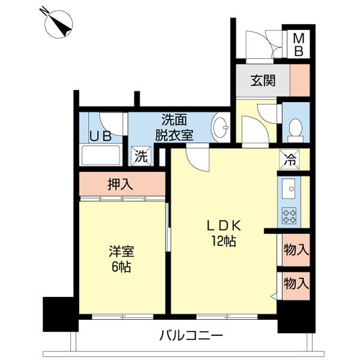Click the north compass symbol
point(58,23)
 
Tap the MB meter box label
point(298,45)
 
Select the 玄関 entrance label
point(263,80)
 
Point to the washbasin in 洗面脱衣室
point(221,127)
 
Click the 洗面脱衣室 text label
point(174,127)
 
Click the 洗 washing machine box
point(140,157)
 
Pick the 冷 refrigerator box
point(290,160)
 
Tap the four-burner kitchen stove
point(289,215)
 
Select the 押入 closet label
point(121,184)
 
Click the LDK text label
point(224,226)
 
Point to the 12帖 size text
point(223,241)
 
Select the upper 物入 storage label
point(296,249)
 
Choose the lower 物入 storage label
point(296,282)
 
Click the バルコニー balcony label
point(191,335)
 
